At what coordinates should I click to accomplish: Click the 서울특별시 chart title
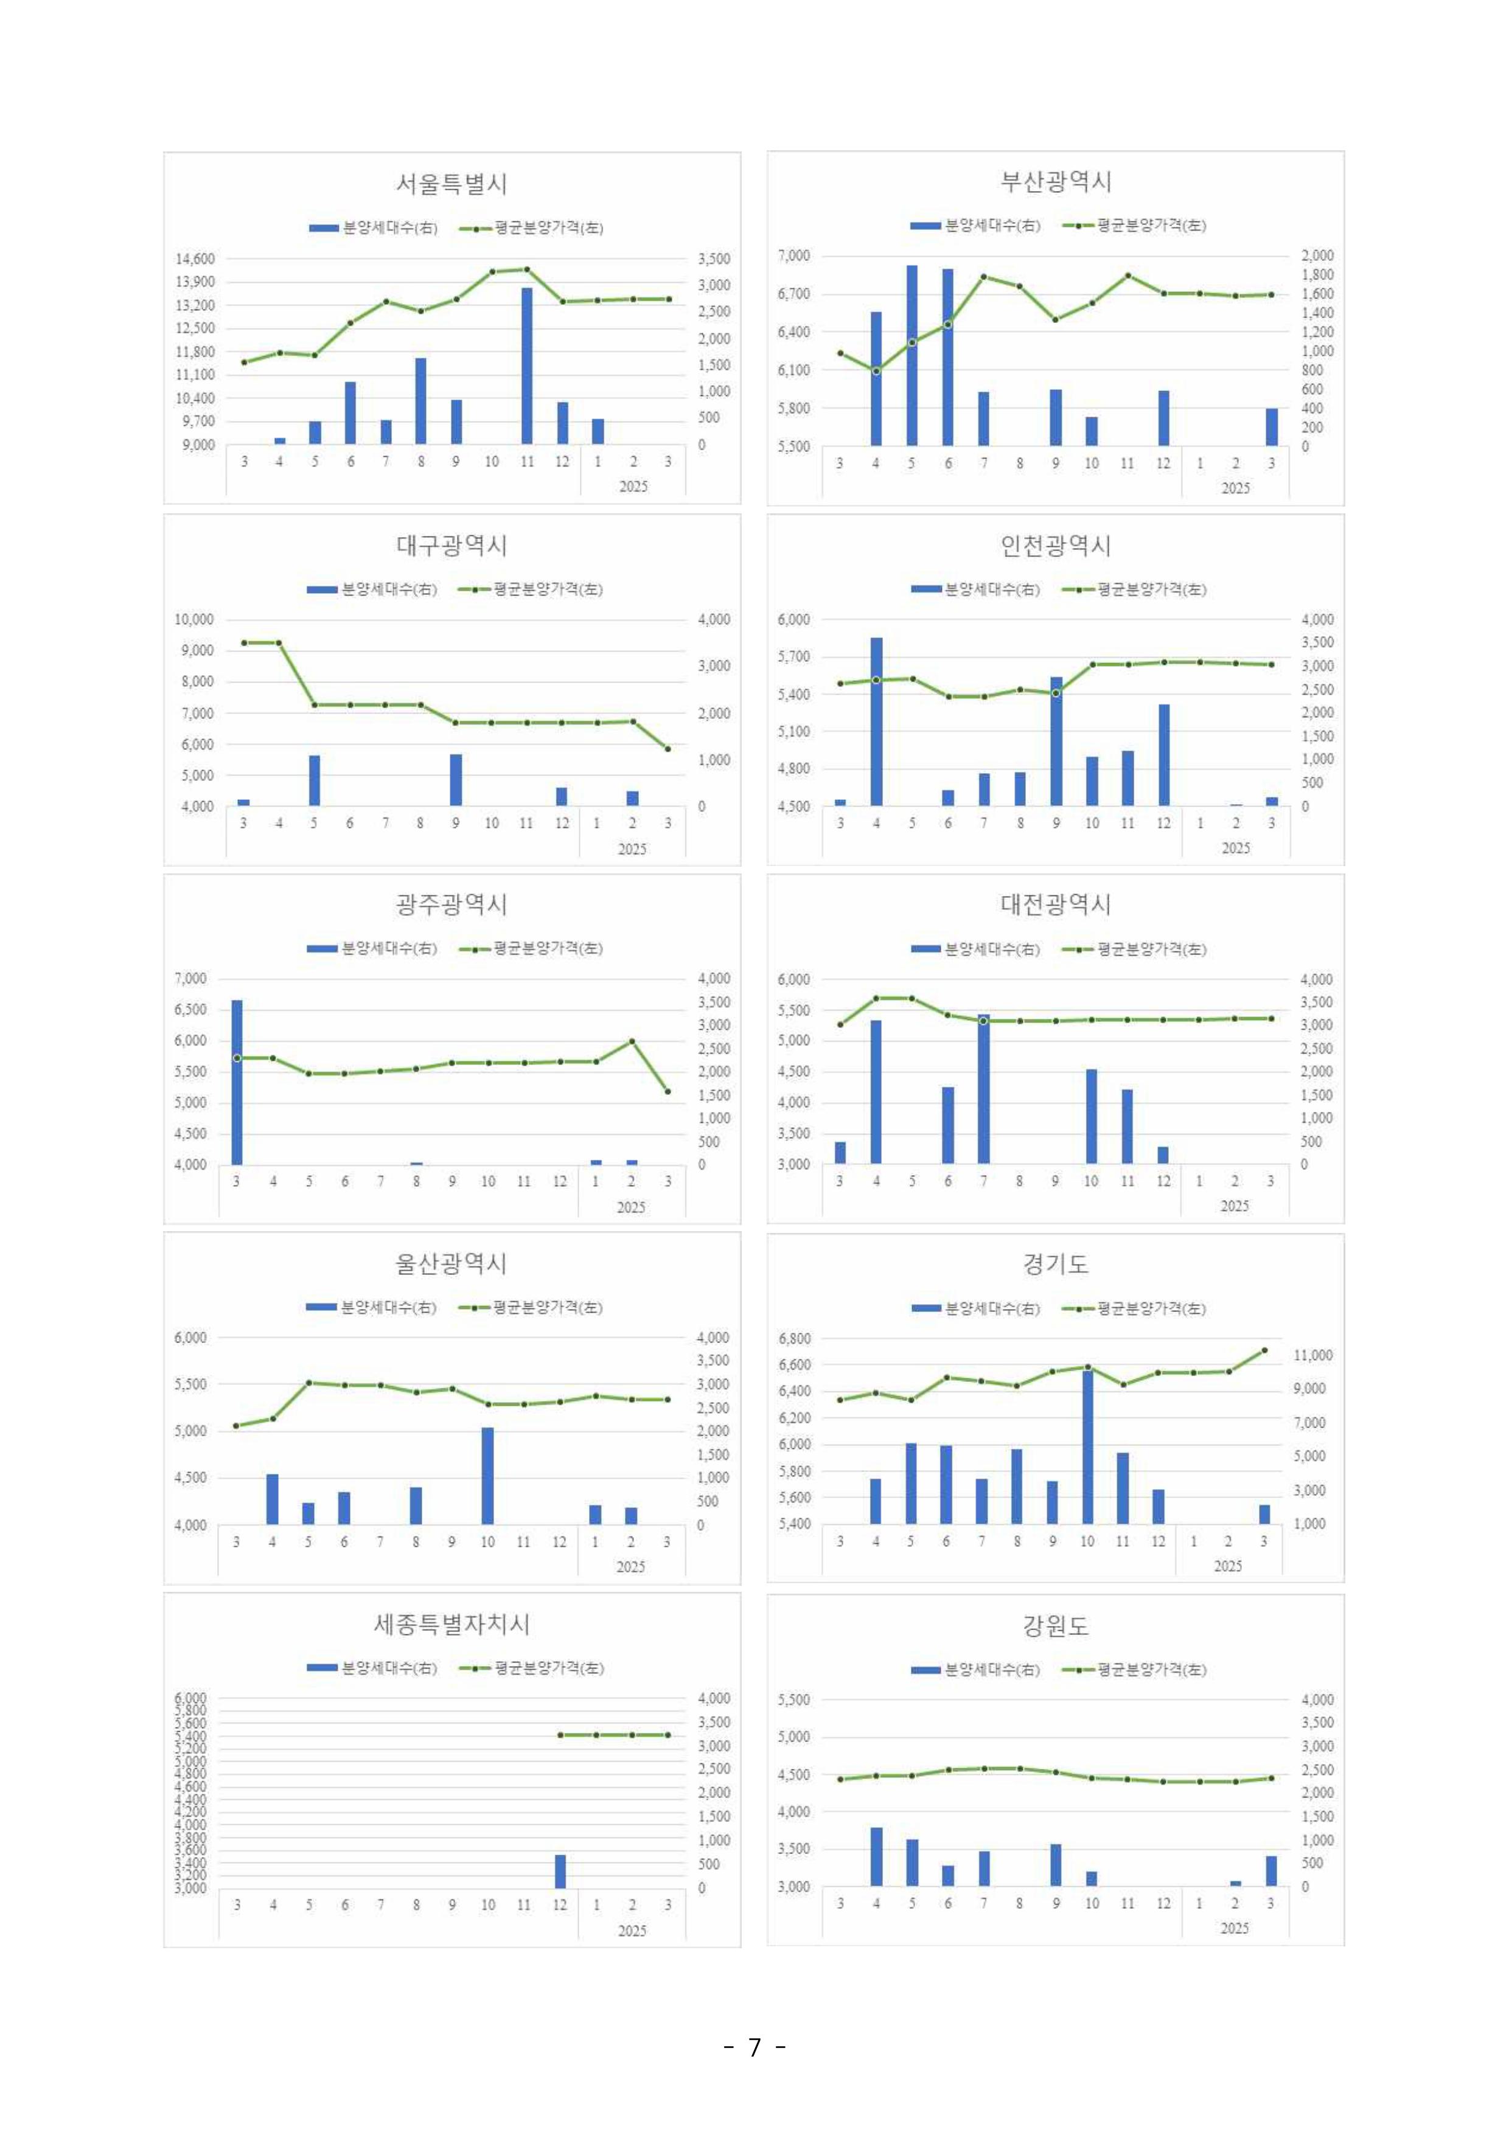pos(451,184)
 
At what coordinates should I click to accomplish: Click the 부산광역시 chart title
pos(1056,182)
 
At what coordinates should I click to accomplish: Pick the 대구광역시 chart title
pos(451,545)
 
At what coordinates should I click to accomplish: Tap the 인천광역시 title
pos(1056,545)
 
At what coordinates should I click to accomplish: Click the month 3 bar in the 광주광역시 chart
pos(237,1082)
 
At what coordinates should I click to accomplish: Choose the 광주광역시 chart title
pos(451,904)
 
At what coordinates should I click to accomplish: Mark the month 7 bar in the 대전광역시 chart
pos(984,1089)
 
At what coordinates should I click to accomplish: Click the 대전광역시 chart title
pos(1056,904)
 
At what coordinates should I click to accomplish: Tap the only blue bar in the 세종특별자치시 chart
pos(560,1871)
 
